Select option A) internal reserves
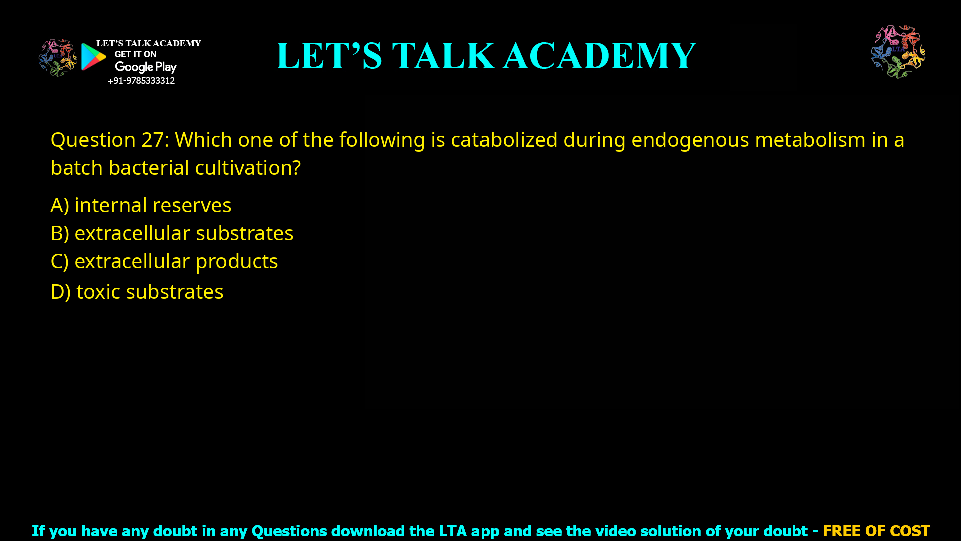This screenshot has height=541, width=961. (x=141, y=205)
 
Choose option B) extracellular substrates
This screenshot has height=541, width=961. (x=172, y=233)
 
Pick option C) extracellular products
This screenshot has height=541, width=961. (x=164, y=261)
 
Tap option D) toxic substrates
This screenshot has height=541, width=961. (x=137, y=292)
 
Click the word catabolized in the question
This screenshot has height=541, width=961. (x=504, y=140)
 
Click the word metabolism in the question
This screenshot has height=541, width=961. (x=810, y=140)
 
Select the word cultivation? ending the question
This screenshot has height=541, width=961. (x=248, y=168)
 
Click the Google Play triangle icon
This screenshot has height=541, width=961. (x=93, y=57)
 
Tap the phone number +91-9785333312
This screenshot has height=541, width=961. (x=141, y=81)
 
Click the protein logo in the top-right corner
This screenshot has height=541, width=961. (x=898, y=51)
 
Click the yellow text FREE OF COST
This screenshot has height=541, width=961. (x=876, y=531)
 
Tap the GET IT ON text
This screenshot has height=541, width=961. (x=135, y=54)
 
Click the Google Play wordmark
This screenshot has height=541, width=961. (x=145, y=67)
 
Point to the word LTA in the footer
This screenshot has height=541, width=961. (x=453, y=531)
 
